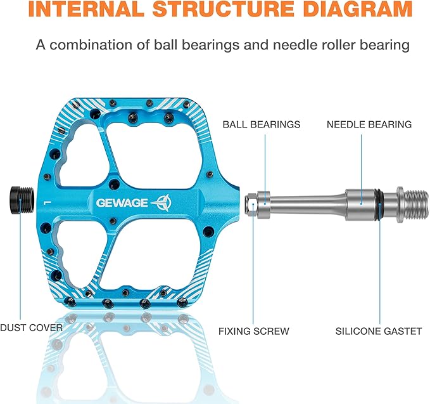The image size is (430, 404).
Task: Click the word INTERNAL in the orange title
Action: pos(86,9)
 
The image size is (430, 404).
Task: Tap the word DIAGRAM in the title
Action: pos(358,9)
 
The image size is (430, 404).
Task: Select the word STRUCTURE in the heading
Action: pos(224,9)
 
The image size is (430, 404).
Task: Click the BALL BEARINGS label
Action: pos(262,124)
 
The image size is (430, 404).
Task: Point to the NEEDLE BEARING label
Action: pos(369,124)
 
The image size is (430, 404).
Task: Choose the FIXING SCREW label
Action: pos(254,331)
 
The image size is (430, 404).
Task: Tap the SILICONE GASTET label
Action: pos(379,331)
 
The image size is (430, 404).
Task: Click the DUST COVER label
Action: pos(31,328)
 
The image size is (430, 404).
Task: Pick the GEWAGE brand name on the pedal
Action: pos(122,203)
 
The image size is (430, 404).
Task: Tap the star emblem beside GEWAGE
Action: pos(161,203)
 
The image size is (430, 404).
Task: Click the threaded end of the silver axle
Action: pos(416,204)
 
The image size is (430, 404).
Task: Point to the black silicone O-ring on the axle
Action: pos(379,204)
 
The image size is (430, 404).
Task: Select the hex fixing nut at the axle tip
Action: pos(251,205)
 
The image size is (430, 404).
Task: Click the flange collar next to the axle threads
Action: pos(400,204)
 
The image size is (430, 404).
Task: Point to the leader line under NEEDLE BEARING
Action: pos(361,169)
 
